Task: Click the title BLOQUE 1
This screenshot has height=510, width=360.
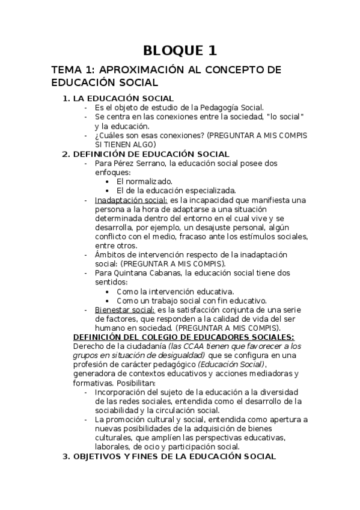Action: coord(180,50)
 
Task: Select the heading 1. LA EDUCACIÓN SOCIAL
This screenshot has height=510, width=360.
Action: coord(118,98)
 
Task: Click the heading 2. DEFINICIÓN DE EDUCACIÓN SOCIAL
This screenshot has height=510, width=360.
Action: coord(146,154)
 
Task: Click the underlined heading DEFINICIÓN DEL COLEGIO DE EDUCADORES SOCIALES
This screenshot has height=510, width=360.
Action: coord(183,337)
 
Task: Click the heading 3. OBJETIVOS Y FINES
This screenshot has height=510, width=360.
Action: coord(169,456)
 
